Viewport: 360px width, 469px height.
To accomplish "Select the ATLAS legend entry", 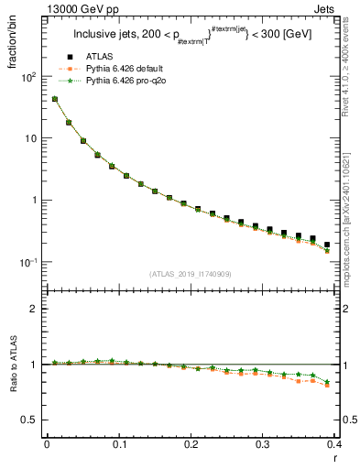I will click(99, 57).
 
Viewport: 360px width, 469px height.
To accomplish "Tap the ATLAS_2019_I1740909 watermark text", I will click(189, 273).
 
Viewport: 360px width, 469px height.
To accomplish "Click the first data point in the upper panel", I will click(54, 99).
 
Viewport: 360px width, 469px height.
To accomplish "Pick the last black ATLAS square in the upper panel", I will click(327, 245).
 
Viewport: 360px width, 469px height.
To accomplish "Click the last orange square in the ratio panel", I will click(327, 385).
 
